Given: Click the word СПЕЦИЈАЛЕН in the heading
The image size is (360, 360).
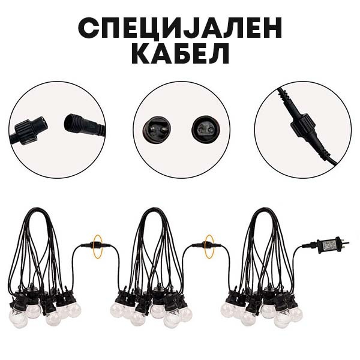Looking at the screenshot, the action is tap(180, 28).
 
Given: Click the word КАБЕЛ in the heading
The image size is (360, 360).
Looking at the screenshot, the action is tap(180, 53).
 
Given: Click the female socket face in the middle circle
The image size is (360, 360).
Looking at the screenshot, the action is tap(204, 129).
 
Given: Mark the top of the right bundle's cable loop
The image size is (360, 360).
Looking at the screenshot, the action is tap(262, 209).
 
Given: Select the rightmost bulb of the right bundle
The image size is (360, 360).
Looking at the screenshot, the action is tap(296, 313).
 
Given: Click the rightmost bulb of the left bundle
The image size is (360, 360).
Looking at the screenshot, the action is tap(74, 310).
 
